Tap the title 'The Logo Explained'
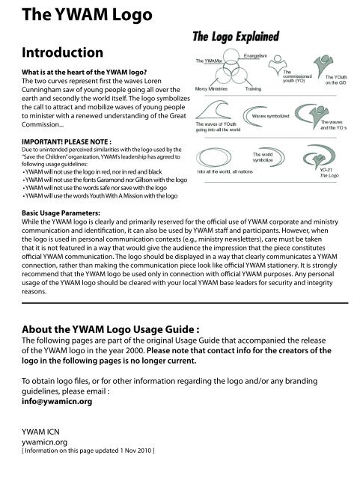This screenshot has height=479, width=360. (238, 36)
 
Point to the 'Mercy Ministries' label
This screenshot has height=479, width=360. (213, 88)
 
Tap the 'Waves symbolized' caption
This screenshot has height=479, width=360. (274, 118)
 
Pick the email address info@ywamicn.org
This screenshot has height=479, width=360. (44, 401)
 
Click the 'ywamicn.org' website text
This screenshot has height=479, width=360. (28, 442)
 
